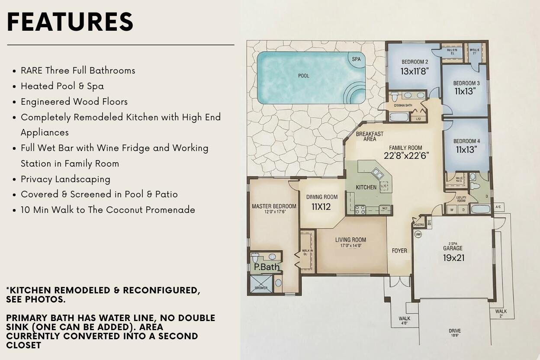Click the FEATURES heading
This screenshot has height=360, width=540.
click(x=70, y=22)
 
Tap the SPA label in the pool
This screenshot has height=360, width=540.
click(x=356, y=59)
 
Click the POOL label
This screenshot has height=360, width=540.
click(x=304, y=76)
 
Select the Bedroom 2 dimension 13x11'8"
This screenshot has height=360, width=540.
click(x=415, y=71)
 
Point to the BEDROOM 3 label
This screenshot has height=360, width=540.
click(x=466, y=83)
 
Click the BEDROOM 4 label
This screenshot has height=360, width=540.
click(x=466, y=141)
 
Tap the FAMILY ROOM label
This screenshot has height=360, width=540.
click(x=405, y=148)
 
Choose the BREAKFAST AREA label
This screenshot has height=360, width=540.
click(x=370, y=136)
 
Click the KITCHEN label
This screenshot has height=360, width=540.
click(x=366, y=187)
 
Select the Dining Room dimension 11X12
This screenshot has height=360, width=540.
click(x=321, y=207)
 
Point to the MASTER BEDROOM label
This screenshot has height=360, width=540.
click(x=274, y=206)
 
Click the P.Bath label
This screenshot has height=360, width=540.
click(x=267, y=267)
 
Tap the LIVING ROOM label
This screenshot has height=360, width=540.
click(x=350, y=240)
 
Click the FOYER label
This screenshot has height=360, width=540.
click(x=399, y=251)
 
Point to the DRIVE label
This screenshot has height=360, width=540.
click(x=454, y=331)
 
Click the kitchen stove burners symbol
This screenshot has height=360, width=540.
click(x=360, y=210)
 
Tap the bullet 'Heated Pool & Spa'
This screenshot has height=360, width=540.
click(x=62, y=86)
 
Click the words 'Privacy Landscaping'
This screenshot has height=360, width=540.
click(x=65, y=179)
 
